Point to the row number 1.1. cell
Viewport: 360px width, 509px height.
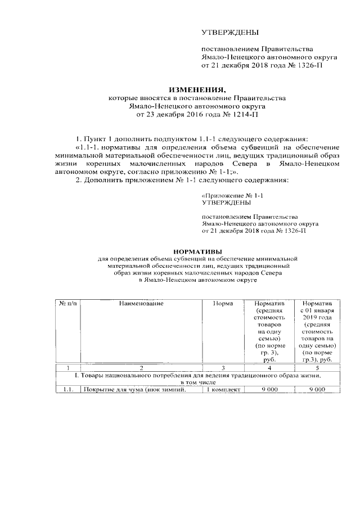click(69, 389)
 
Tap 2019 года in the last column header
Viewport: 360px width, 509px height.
click(318, 318)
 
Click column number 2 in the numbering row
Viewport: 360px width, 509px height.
click(141, 368)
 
